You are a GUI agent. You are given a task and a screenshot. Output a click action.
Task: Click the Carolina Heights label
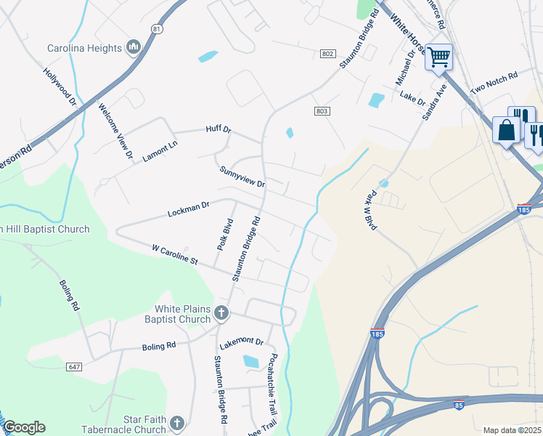click(x=85, y=49)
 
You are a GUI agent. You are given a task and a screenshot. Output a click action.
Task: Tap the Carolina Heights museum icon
click(x=132, y=48)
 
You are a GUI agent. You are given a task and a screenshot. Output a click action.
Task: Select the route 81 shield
click(x=158, y=28)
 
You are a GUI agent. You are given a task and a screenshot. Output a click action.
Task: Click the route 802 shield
click(x=327, y=54)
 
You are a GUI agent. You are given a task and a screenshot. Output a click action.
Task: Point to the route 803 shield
click(x=322, y=110)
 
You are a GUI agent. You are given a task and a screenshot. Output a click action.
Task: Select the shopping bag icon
click(x=506, y=131)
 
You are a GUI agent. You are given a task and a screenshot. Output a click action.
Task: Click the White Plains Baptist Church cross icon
click(x=221, y=314)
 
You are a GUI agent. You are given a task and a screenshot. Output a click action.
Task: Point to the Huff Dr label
click(x=218, y=130)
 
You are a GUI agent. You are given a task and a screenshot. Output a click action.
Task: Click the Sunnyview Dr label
click(x=242, y=177)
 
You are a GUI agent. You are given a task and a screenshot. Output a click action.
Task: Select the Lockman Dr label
click(x=188, y=210)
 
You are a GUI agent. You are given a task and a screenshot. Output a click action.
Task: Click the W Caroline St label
click(x=175, y=254)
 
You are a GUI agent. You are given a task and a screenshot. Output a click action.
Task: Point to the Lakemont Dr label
click(x=241, y=341)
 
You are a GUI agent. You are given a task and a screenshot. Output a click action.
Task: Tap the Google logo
click(x=24, y=427)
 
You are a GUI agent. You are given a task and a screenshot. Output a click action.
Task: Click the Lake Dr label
click(x=412, y=98)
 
